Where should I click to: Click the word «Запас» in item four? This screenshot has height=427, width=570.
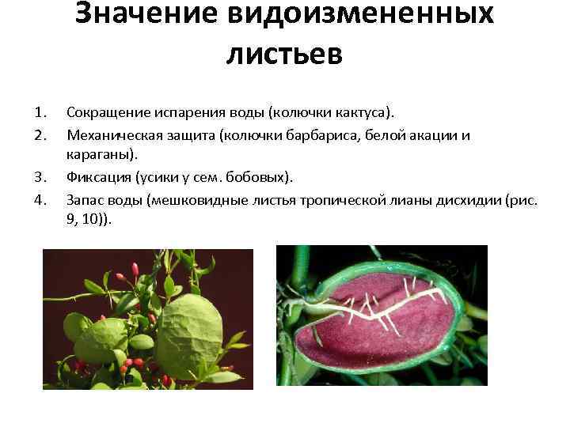(85, 199)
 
